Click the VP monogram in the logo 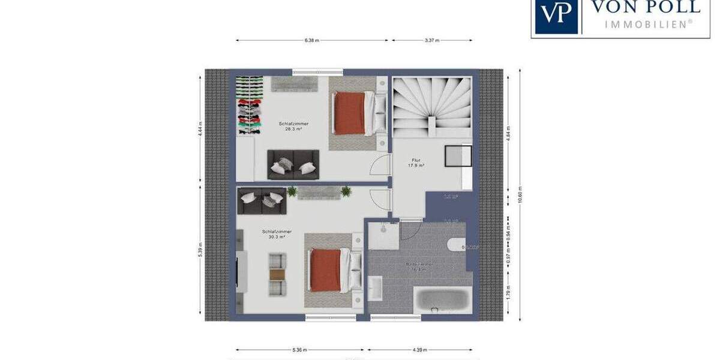(x=557, y=14)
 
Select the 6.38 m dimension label (x=311, y=41)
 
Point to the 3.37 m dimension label (x=432, y=41)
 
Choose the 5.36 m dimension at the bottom (x=300, y=350)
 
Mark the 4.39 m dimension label (x=419, y=350)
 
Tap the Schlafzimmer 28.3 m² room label (x=293, y=126)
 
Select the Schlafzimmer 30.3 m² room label (x=277, y=234)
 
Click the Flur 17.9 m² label (x=418, y=163)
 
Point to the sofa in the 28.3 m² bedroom (x=293, y=164)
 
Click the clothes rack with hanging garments (x=249, y=105)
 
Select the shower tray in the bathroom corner (x=382, y=236)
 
